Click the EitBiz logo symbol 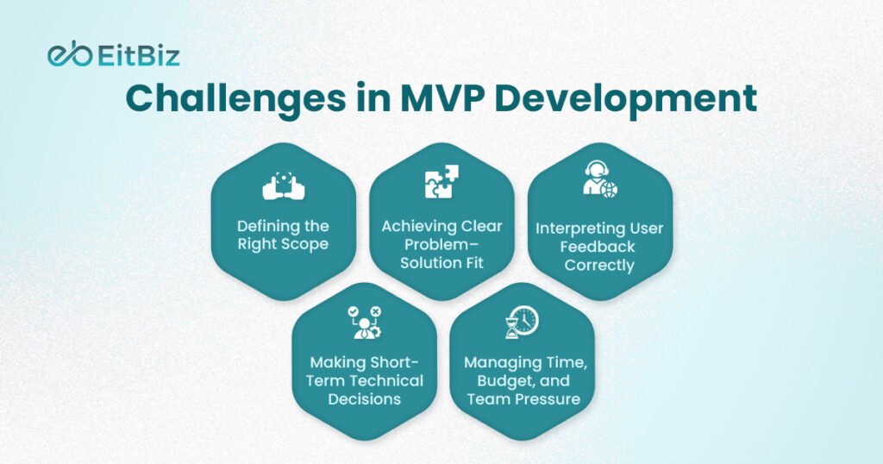pyautogui.click(x=69, y=56)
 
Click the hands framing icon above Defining pyautogui.click(x=284, y=185)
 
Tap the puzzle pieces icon pyautogui.click(x=441, y=184)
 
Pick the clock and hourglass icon pyautogui.click(x=522, y=322)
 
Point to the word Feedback pyautogui.click(x=598, y=247)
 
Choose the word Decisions pyautogui.click(x=364, y=399)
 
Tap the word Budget pyautogui.click(x=498, y=380)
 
